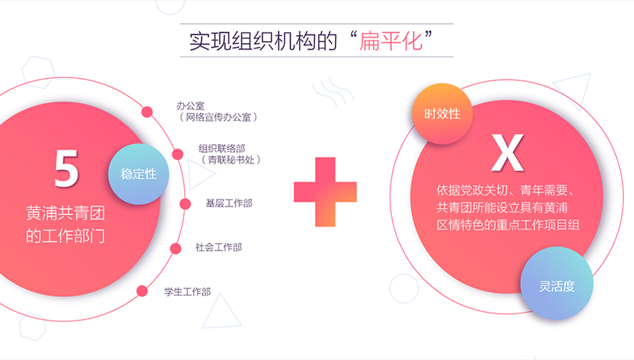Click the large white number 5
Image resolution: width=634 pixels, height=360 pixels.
click(x=66, y=168)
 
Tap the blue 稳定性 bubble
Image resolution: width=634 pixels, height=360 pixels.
click(x=138, y=174)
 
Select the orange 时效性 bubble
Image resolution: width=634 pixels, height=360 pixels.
click(x=442, y=114)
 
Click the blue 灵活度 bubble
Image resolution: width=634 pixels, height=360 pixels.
click(x=557, y=287)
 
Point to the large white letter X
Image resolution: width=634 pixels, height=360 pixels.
click(x=507, y=153)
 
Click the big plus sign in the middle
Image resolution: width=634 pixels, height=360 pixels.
click(x=325, y=192)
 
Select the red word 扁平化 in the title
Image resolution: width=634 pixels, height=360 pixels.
click(x=391, y=41)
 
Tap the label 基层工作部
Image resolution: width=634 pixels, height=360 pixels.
click(x=229, y=203)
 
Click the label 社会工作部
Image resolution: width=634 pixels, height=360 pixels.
click(x=219, y=247)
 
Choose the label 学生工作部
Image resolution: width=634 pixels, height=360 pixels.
click(x=187, y=292)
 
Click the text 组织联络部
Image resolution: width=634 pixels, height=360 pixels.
click(x=222, y=149)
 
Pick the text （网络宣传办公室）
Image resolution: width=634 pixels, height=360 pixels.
click(x=219, y=118)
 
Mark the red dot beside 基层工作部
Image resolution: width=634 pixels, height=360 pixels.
click(x=185, y=204)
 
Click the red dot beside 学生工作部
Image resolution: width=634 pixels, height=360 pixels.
click(x=142, y=291)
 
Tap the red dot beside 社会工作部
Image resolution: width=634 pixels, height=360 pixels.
click(x=176, y=248)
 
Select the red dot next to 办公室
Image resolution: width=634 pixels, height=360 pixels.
click(x=147, y=112)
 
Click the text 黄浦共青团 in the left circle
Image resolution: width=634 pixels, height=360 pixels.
click(x=65, y=213)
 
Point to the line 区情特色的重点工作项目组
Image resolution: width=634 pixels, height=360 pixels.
click(x=508, y=225)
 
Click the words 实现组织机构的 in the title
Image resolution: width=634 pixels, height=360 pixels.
click(x=264, y=41)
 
